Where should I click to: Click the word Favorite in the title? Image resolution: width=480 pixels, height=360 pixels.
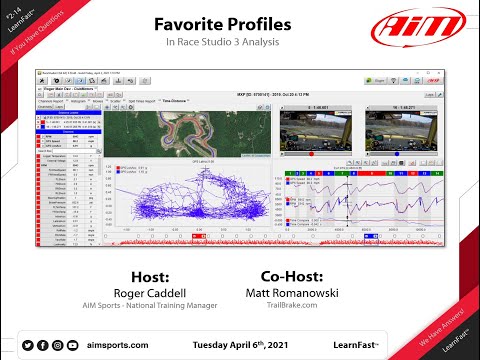click(192, 23)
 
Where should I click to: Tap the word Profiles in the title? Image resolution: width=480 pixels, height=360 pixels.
click(260, 23)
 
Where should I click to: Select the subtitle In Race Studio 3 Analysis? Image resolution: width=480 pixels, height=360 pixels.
click(224, 45)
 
